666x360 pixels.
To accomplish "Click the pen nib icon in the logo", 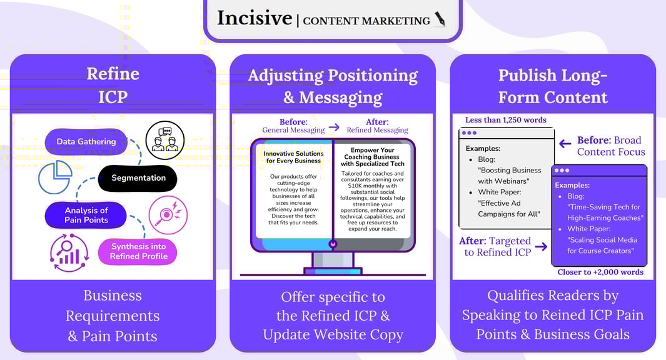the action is coord(440,19).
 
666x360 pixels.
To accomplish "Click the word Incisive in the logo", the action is coord(255,18).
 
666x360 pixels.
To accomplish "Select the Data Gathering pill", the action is coord(86,142).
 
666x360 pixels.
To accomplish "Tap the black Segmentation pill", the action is coord(138,178).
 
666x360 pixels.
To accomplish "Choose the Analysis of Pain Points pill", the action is coord(86,215).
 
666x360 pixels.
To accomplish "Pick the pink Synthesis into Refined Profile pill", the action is coord(138,251).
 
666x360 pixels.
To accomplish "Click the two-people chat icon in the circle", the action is coord(165,140).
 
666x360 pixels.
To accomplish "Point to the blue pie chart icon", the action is coord(55,177).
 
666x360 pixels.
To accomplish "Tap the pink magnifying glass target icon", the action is coord(168,215).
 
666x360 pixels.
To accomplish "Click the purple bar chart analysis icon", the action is coord(69,252).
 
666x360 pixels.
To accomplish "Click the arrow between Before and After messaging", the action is coord(335,127).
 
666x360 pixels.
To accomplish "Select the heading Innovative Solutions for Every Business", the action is coord(293,157).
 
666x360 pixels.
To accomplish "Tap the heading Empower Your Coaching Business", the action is coord(372,157).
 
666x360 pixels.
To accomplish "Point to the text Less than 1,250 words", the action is coord(506,120).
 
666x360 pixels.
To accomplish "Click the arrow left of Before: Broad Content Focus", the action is coord(565,144).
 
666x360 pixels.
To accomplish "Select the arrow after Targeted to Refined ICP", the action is coord(541,247).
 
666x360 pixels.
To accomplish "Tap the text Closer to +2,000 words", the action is coord(600,272).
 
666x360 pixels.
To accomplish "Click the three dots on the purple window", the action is coord(562,171).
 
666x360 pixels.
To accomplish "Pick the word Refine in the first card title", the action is coord(113,74).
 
